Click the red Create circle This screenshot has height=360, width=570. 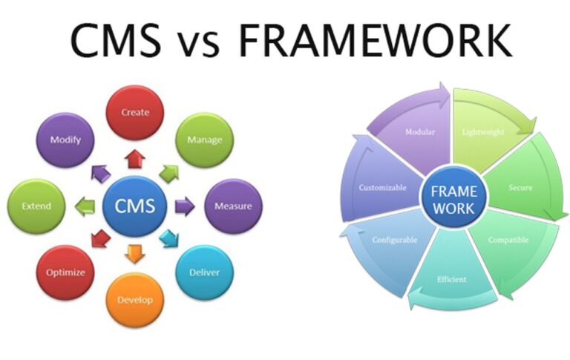(x=134, y=113)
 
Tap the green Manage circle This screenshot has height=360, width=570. (x=204, y=140)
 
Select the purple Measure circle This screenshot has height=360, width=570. (x=232, y=206)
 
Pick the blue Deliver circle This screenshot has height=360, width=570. (x=203, y=272)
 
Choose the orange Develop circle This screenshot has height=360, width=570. (x=134, y=300)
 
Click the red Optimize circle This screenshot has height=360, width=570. (x=65, y=272)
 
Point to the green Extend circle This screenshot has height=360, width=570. (x=35, y=206)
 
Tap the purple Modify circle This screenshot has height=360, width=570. (x=65, y=140)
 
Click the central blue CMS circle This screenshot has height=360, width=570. (x=134, y=206)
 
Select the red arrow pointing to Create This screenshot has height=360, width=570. (x=134, y=157)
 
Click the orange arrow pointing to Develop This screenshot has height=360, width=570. (x=134, y=253)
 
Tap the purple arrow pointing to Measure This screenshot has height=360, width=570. (x=183, y=206)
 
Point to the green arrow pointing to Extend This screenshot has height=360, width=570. (x=85, y=206)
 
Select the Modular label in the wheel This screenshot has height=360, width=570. (x=419, y=132)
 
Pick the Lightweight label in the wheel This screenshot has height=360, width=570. (x=483, y=132)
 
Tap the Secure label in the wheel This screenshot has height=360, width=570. (x=520, y=187)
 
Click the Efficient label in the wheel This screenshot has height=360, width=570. (x=452, y=279)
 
